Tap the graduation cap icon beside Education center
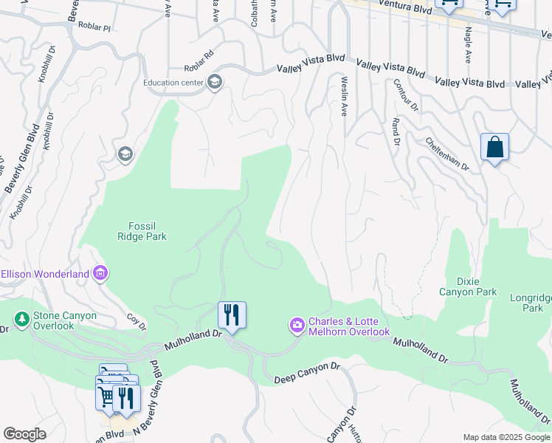(x=215, y=81)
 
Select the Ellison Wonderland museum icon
(x=101, y=274)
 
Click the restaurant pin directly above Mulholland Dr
(x=232, y=316)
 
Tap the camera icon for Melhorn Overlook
(x=297, y=325)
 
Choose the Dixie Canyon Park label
(x=468, y=286)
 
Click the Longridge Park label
(x=530, y=303)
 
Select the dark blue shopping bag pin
(x=494, y=147)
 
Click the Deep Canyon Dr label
(x=306, y=373)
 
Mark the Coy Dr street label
(x=136, y=322)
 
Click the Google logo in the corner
(x=24, y=434)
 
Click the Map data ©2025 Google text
(x=506, y=437)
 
